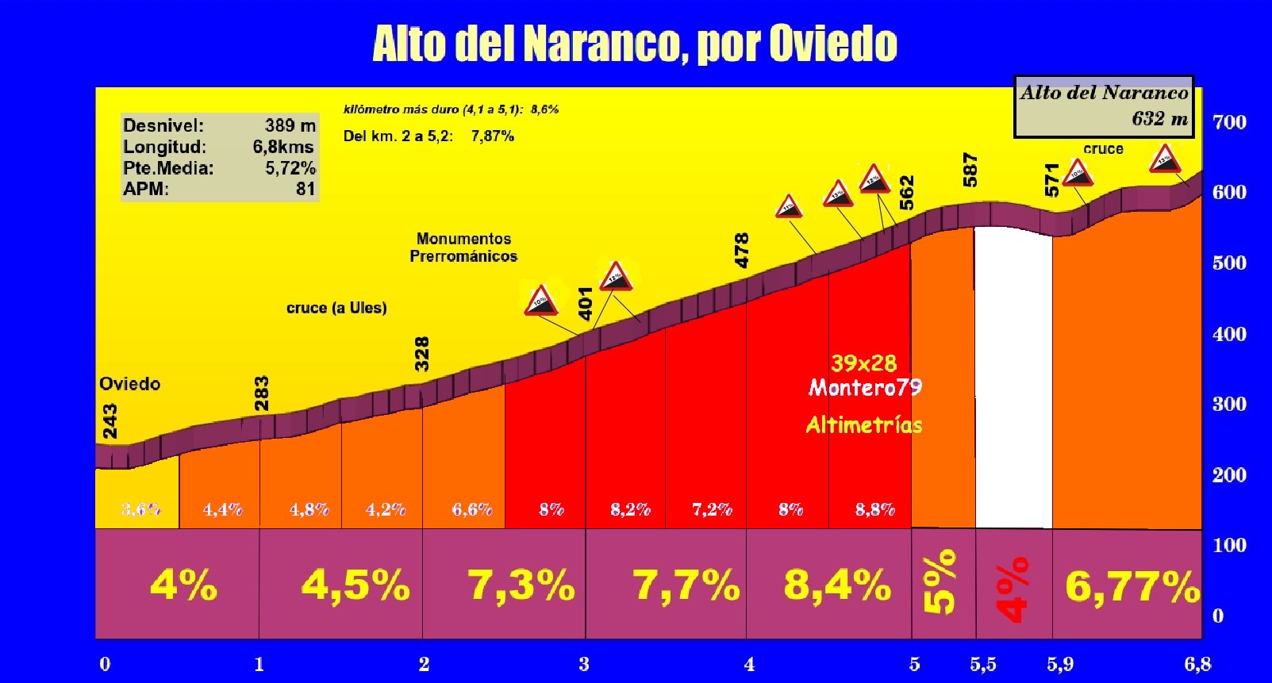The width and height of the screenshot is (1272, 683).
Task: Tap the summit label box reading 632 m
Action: [1104, 106]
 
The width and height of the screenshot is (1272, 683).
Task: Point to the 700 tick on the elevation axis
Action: [1229, 123]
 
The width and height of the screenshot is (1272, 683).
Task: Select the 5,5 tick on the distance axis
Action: [982, 664]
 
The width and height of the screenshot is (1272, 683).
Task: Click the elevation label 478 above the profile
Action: [742, 250]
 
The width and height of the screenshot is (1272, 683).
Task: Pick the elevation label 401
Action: [586, 303]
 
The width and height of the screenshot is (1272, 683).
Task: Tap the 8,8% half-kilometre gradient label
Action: [874, 509]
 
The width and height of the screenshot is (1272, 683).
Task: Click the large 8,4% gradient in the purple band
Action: [836, 585]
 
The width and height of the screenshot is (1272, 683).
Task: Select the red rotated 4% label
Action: [1013, 589]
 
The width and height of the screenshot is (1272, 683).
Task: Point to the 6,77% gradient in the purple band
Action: [1132, 587]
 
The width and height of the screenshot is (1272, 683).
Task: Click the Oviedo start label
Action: [129, 384]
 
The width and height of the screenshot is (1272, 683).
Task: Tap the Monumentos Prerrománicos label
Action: [463, 247]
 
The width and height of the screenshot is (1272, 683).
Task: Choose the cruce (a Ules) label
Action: [336, 308]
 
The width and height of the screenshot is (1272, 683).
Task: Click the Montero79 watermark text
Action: [865, 387]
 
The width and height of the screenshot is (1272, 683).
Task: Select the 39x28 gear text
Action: [863, 363]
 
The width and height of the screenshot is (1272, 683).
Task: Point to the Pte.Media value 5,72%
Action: [290, 168]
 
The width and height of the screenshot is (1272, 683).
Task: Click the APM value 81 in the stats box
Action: [306, 189]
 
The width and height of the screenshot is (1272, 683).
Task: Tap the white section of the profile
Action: [1013, 381]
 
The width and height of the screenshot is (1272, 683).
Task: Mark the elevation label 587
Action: [970, 170]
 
